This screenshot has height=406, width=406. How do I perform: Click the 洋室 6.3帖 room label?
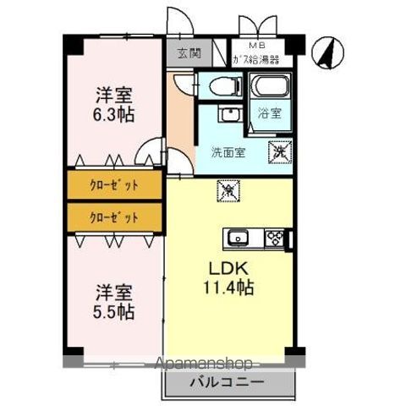pos(112,103)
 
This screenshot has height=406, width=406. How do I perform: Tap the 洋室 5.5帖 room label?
pos(112,300)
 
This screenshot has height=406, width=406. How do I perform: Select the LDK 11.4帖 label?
pos(228,277)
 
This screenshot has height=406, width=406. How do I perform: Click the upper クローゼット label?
pos(114,184)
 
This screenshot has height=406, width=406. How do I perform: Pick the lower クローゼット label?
pos(114,217)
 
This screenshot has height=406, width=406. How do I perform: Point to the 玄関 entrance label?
pos(188,52)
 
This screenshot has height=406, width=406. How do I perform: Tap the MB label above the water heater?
pos(257,48)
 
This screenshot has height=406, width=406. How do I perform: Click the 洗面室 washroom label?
pos(228,152)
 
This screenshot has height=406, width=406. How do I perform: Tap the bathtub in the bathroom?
pos(268,88)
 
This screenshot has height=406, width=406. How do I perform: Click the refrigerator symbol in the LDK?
pos(229,192)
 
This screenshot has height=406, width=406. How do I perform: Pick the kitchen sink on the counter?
pos(239,238)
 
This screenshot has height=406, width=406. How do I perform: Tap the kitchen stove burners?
pos(276,238)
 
